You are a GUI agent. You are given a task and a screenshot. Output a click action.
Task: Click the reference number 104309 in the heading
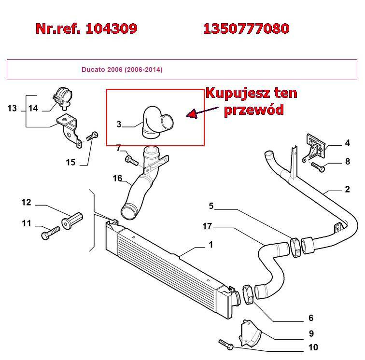(x=112, y=28)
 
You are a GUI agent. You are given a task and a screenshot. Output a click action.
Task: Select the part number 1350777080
(x=246, y=28)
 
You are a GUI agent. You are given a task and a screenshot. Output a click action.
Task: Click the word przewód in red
(x=254, y=110)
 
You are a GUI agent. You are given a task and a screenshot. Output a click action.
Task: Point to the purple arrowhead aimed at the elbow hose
(x=191, y=114)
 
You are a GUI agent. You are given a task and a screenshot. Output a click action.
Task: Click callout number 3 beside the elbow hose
(x=119, y=124)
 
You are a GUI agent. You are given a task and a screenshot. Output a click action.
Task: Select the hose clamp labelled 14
(x=62, y=98)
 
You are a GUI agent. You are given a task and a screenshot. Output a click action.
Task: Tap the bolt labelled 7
(x=131, y=160)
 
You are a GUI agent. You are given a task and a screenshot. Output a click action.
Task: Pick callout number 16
(x=117, y=178)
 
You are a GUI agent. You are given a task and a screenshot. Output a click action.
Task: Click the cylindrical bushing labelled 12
(x=72, y=221)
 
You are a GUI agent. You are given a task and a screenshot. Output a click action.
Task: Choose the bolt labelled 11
(x=51, y=233)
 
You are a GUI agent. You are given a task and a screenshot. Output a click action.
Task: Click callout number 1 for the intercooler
(x=211, y=245)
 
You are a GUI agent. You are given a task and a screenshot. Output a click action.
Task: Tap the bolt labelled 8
(x=318, y=167)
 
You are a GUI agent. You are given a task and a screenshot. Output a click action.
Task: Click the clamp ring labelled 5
(x=296, y=248)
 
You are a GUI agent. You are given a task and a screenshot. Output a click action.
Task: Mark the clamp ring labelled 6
(x=248, y=294)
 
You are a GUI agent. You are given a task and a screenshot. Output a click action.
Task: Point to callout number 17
(x=207, y=226)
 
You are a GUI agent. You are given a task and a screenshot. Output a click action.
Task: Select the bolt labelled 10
(x=226, y=345)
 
